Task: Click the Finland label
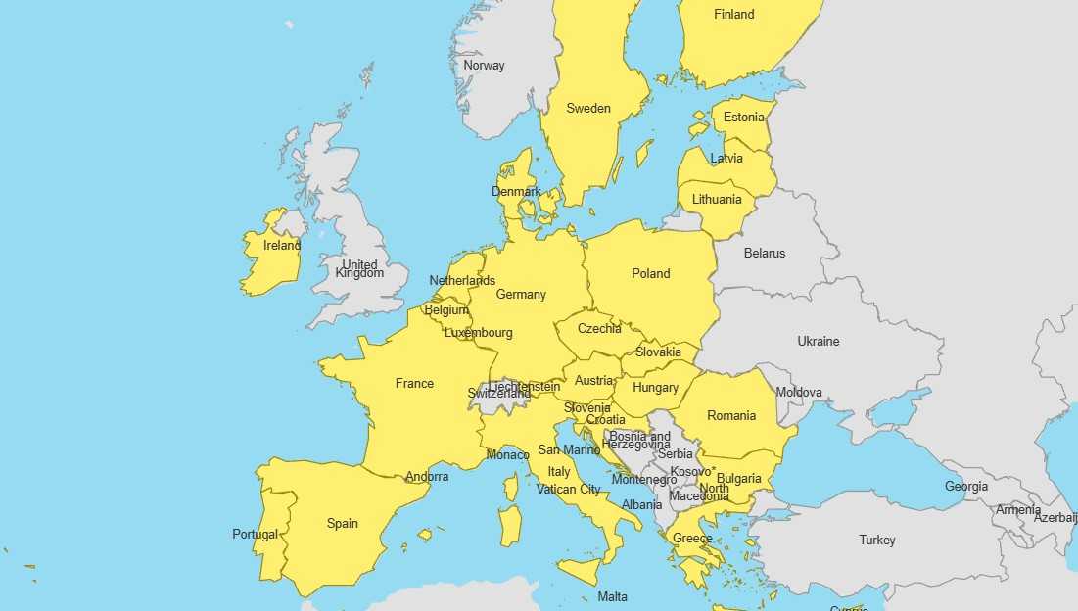(733, 14)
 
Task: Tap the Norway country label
(484, 66)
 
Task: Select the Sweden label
(588, 109)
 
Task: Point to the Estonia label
(743, 117)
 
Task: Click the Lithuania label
(717, 200)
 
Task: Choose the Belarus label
(764, 254)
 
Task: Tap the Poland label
(650, 274)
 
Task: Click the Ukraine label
(818, 342)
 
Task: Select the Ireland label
(282, 246)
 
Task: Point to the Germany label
(521, 295)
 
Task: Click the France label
(414, 384)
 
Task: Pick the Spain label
(342, 524)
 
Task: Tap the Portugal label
(255, 535)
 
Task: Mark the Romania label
(731, 416)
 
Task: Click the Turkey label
(876, 540)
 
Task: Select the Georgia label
(965, 487)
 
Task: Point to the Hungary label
(655, 388)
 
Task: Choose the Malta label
(612, 597)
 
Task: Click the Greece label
(692, 539)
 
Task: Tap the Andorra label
(427, 477)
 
